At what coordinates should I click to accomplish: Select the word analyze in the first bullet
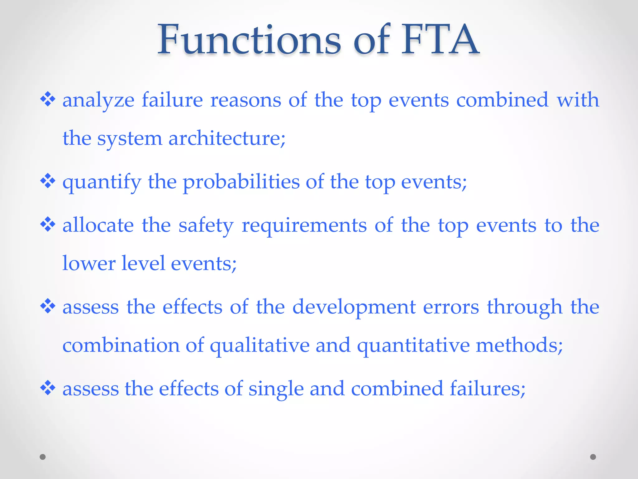[x=98, y=100]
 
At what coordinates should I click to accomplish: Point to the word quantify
[x=102, y=182]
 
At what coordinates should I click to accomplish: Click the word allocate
[x=98, y=225]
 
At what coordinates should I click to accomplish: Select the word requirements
[x=304, y=225]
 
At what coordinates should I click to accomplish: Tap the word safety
[x=206, y=225]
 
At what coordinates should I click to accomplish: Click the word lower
[x=89, y=264]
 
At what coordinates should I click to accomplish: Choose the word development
[x=354, y=307]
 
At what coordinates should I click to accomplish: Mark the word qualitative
[x=259, y=346]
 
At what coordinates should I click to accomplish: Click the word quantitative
[x=413, y=346]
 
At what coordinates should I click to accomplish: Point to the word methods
[x=519, y=346]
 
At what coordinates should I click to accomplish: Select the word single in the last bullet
[x=276, y=389]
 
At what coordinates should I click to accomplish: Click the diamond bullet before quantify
[x=48, y=181]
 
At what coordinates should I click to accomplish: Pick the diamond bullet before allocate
[x=48, y=225]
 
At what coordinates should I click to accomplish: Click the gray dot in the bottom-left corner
[x=43, y=457]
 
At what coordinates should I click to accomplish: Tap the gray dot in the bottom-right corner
[x=593, y=457]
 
